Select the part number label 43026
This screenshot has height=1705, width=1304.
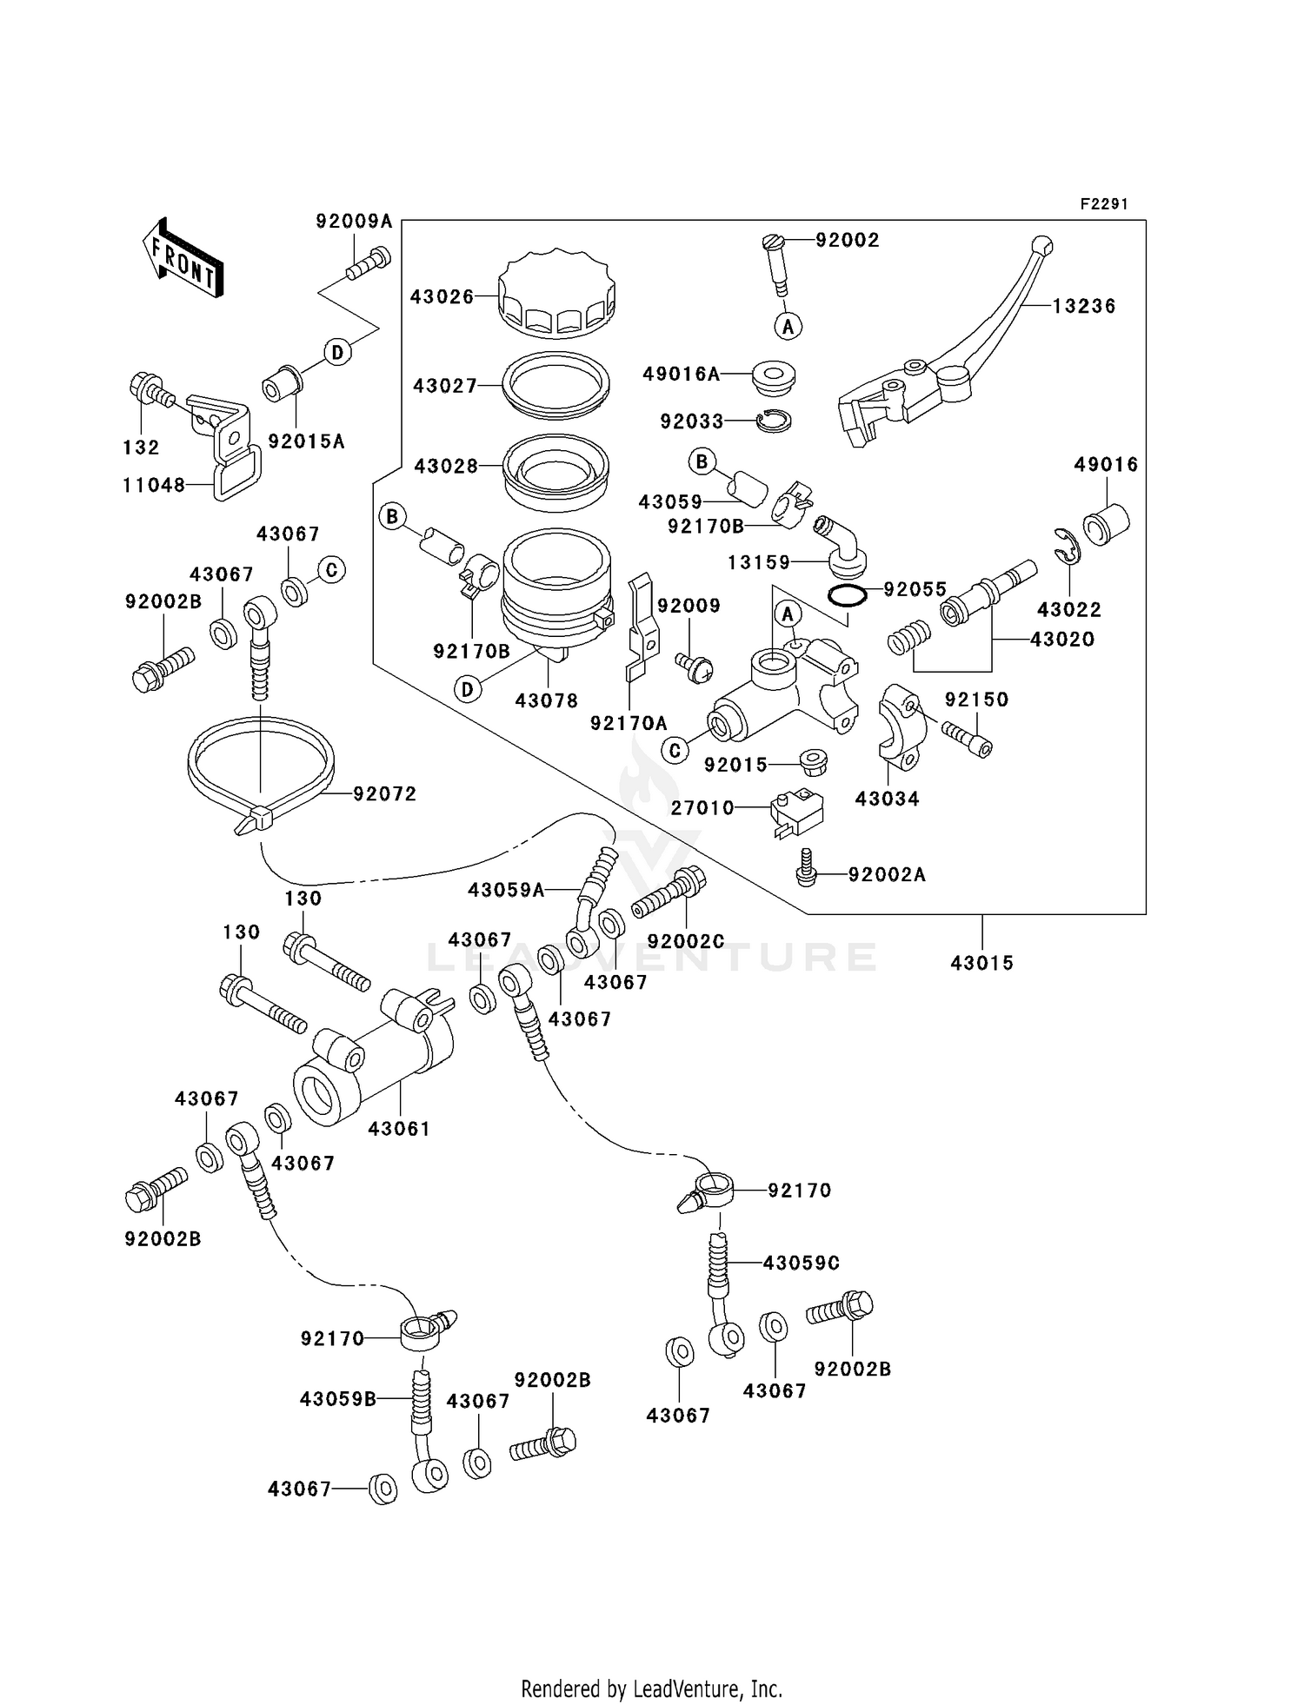click(442, 297)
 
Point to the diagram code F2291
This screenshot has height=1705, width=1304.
click(1104, 204)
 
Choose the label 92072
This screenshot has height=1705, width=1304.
click(384, 794)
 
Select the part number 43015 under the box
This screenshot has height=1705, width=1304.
click(982, 963)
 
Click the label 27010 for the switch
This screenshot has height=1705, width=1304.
click(702, 808)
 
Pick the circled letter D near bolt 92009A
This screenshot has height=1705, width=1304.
click(337, 352)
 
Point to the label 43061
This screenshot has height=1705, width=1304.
click(399, 1129)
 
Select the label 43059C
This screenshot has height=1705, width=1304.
click(801, 1263)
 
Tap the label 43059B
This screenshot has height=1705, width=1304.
click(338, 1399)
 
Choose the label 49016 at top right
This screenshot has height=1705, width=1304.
click(1106, 465)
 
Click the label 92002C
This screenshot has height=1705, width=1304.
click(686, 941)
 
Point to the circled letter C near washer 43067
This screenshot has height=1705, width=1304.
click(331, 570)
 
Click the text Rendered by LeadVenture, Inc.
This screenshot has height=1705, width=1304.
click(651, 1689)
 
